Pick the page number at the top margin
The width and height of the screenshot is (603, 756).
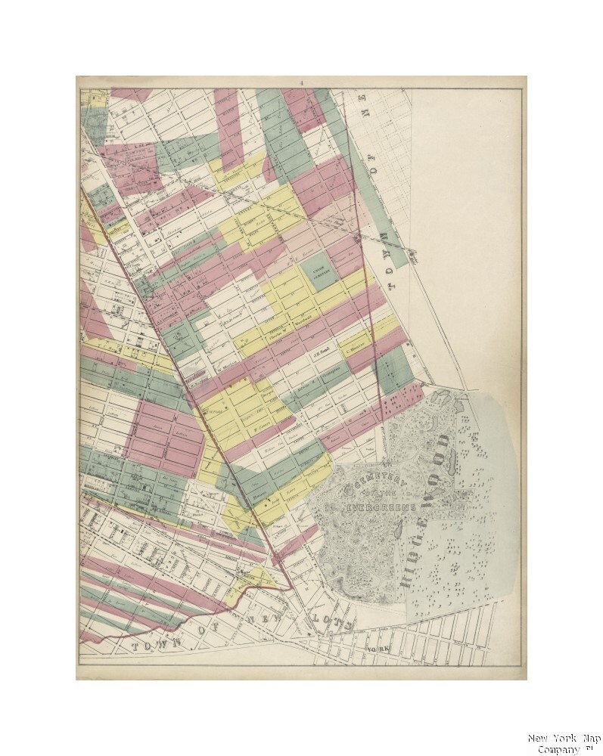click(x=300, y=82)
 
